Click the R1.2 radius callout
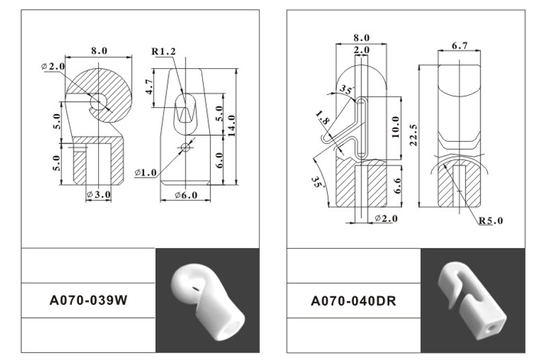click(x=163, y=51)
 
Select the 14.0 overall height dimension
click(x=231, y=126)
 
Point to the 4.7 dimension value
click(x=149, y=87)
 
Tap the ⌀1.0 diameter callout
click(x=146, y=172)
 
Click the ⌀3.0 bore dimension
click(x=99, y=194)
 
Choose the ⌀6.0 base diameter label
click(x=186, y=195)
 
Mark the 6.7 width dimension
click(x=460, y=46)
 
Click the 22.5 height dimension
click(x=413, y=135)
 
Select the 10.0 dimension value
click(x=395, y=127)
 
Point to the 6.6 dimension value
click(x=397, y=185)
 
